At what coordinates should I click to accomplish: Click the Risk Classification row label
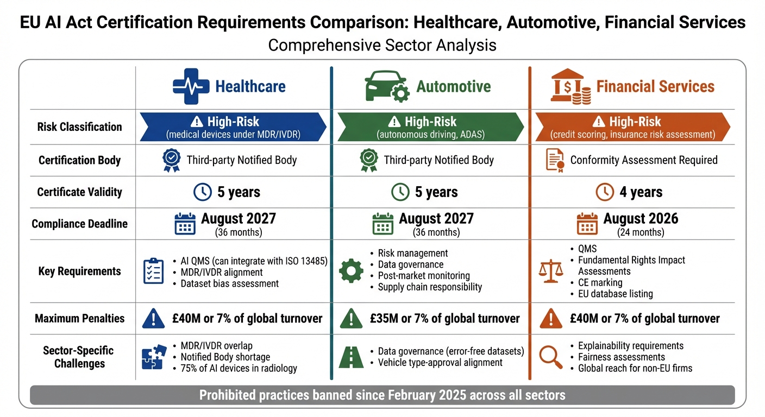pyautogui.click(x=79, y=127)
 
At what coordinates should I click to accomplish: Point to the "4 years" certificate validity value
pyautogui.click(x=641, y=192)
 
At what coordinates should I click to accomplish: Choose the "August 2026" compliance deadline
pyautogui.click(x=641, y=219)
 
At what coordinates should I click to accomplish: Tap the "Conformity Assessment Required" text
pyautogui.click(x=644, y=160)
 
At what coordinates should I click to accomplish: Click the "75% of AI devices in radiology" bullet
pyautogui.click(x=239, y=369)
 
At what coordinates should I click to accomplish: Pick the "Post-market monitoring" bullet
pyautogui.click(x=423, y=276)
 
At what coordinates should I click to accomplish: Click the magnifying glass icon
pyautogui.click(x=550, y=357)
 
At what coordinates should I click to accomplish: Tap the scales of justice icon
pyautogui.click(x=550, y=271)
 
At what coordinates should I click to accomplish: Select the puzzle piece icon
pyautogui.click(x=154, y=357)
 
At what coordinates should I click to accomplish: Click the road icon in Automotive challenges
pyautogui.click(x=351, y=357)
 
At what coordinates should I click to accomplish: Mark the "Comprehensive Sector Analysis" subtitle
pyautogui.click(x=382, y=45)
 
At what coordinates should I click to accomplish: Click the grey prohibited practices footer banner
pyautogui.click(x=382, y=395)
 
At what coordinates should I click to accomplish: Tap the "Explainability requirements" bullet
pyautogui.click(x=630, y=346)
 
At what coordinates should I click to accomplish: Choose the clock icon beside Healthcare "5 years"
pyautogui.click(x=203, y=192)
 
